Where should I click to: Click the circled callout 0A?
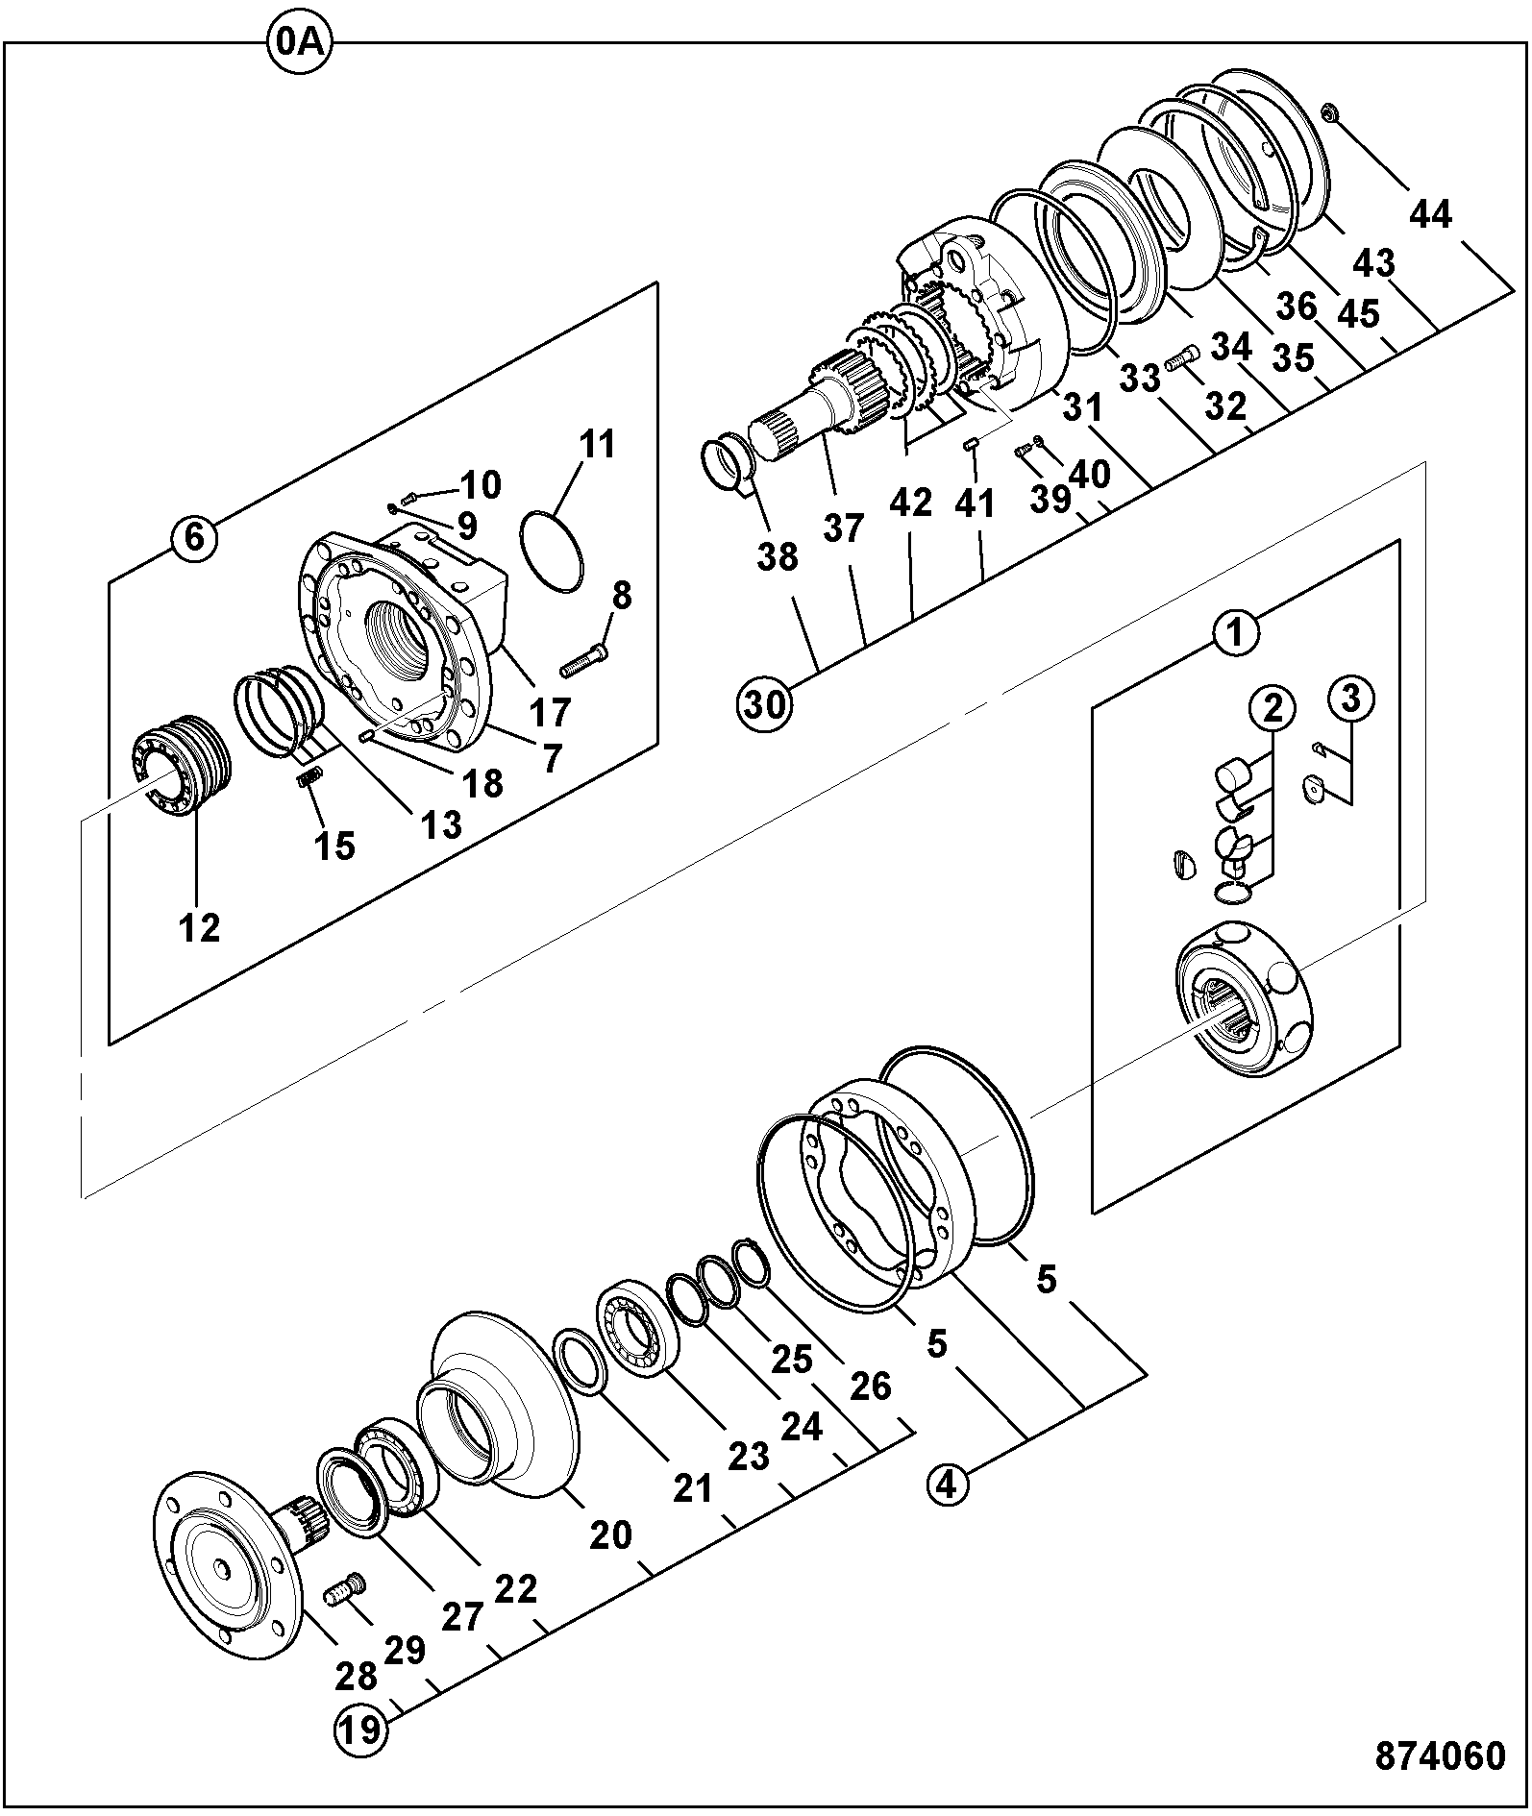298,44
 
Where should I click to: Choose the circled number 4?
947,1485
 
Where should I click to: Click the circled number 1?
1236,633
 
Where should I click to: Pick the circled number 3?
1350,699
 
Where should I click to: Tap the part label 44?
1430,214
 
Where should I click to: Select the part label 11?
596,446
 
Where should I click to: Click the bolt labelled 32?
1181,358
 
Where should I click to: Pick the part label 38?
777,555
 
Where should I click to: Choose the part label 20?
609,1534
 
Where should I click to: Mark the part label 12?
199,927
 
